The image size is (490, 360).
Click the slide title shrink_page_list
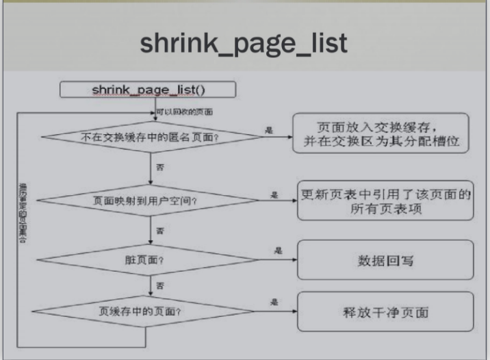[244, 42]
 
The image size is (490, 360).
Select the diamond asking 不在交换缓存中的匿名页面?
[150, 136]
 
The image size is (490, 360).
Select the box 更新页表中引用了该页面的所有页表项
[386, 201]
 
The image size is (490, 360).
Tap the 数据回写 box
[385, 260]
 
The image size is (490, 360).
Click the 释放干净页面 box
[385, 312]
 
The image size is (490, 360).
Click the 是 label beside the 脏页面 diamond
[278, 250]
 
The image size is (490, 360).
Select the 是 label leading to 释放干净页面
[274, 302]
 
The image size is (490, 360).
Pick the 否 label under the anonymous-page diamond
[160, 168]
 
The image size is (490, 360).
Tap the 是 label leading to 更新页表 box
[274, 195]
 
